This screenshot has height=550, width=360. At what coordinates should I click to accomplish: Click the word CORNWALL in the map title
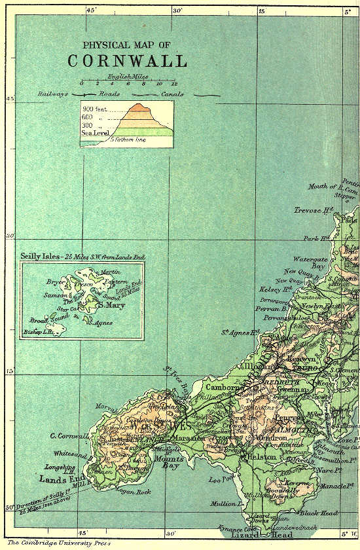click(127, 61)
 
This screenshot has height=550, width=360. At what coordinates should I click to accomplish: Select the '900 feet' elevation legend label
click(96, 109)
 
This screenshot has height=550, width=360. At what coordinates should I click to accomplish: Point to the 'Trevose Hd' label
click(315, 211)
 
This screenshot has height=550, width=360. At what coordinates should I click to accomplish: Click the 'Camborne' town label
click(225, 387)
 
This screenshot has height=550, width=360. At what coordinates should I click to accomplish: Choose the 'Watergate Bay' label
click(310, 263)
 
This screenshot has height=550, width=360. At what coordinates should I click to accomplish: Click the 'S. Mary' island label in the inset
click(109, 304)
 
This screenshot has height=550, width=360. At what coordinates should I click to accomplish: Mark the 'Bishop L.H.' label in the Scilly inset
click(36, 332)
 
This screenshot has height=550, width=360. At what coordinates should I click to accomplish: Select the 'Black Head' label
click(319, 513)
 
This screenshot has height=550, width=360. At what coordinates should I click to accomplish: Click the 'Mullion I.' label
click(226, 504)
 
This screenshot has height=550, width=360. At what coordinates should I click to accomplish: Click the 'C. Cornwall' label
click(69, 436)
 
